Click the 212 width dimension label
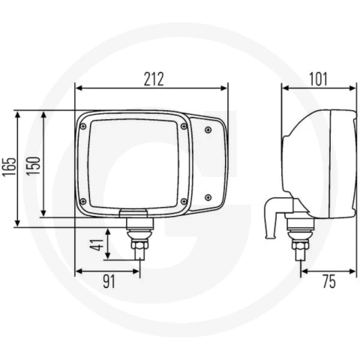coord(154,79)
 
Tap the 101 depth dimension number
coord(318,79)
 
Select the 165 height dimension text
coord(9,167)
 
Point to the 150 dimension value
coord(34,166)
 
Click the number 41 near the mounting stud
coord(97,244)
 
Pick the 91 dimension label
coord(109,281)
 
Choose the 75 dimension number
coord(328,281)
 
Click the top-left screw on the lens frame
coord(83,127)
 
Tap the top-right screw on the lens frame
coord(184,126)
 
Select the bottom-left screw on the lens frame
coord(82,201)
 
